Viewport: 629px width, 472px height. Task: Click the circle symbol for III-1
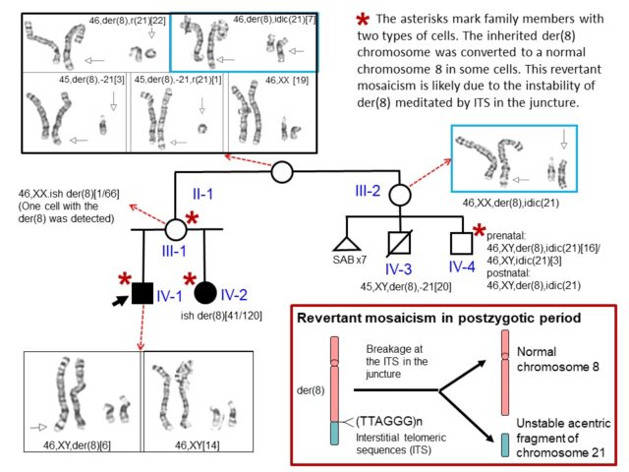point(176,231)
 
